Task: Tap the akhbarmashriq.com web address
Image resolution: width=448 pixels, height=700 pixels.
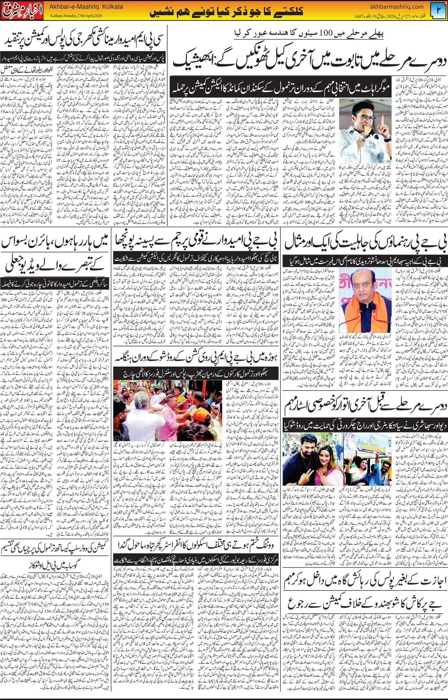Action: (396, 6)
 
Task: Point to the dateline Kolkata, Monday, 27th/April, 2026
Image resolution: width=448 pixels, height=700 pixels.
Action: (76, 16)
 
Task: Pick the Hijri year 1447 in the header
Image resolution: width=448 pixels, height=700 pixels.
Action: (359, 16)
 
